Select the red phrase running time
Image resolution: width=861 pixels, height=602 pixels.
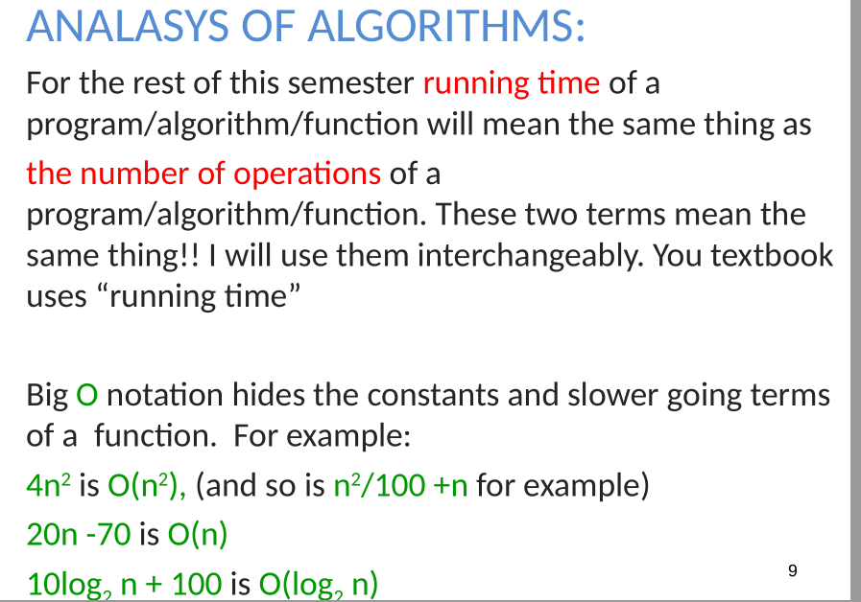(511, 83)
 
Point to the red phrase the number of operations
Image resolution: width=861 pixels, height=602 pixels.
(203, 174)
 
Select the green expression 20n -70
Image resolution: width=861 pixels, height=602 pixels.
(79, 534)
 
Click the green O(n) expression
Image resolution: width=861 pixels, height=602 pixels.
(197, 534)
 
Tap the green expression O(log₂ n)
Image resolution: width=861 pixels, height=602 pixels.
(318, 582)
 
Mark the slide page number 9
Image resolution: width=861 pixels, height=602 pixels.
(792, 571)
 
